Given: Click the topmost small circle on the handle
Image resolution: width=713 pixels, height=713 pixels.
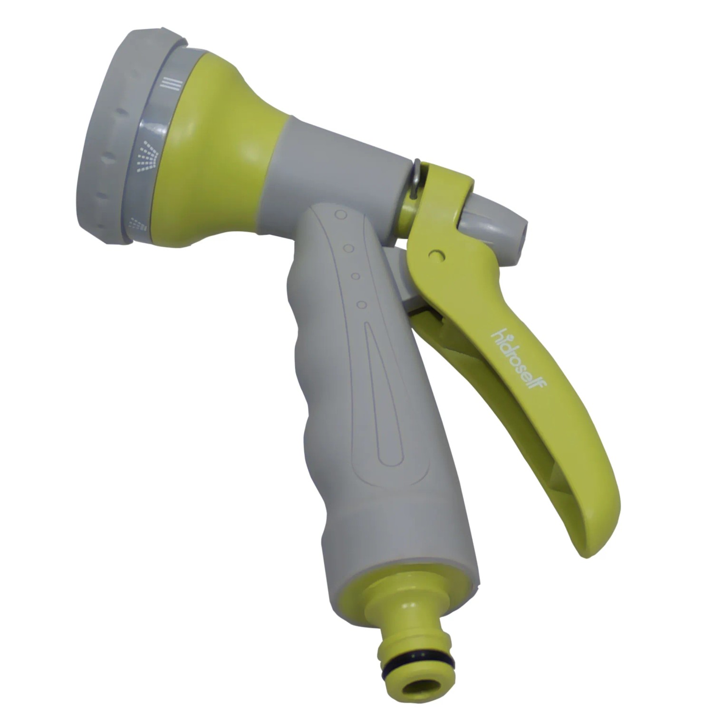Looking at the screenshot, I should point(340,215).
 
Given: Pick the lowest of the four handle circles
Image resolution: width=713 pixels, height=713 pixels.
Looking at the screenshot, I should point(362,304).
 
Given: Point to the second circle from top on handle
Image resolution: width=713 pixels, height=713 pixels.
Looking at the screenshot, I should point(348,248).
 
